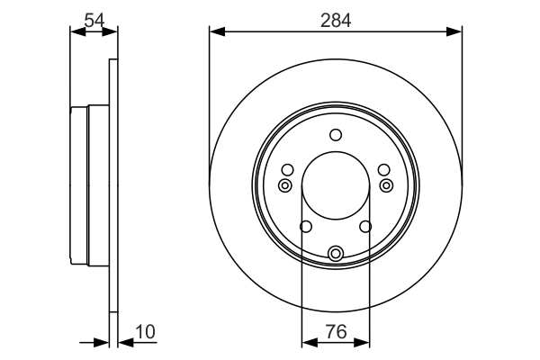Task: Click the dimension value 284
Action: coord(336,17)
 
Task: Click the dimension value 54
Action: coord(93,17)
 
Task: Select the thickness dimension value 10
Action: coord(144,332)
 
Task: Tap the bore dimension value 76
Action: coord(336,332)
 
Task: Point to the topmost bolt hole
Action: coord(336,135)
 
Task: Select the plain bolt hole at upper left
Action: coord(288,170)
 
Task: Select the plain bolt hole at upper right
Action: coord(383,170)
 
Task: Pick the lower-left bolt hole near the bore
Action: coord(305,227)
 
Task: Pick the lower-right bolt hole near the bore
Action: coord(366,227)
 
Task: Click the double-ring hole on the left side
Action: coord(285,185)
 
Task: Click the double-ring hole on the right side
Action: coord(386,185)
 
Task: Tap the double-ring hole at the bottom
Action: coord(336,254)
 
